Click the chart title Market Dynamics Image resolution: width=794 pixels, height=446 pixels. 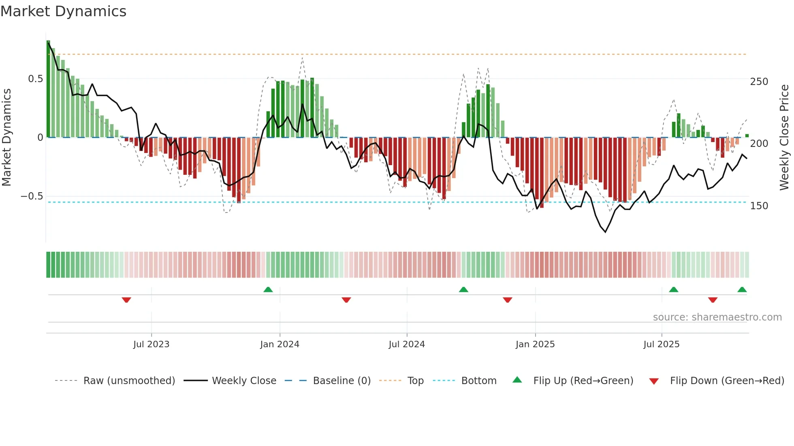[63, 11]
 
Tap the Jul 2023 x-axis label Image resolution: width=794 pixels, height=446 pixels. [151, 344]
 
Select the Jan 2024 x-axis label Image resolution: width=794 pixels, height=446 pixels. [280, 344]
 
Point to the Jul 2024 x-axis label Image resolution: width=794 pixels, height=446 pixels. [407, 344]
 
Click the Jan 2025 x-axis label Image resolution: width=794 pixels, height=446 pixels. [535, 344]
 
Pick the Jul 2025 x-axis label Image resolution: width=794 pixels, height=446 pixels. [662, 344]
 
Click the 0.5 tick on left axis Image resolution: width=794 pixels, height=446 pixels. [35, 79]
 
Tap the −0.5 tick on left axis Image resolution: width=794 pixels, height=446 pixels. [32, 196]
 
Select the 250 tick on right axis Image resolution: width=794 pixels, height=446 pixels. [759, 82]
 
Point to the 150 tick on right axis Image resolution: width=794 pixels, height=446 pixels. [759, 206]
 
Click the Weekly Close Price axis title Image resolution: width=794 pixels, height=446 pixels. [784, 138]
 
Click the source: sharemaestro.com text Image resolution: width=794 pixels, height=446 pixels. [717, 317]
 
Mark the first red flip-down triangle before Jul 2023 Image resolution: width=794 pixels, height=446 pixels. [126, 300]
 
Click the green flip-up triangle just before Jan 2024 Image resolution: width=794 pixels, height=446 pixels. [268, 289]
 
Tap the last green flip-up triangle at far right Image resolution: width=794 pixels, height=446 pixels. [742, 289]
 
